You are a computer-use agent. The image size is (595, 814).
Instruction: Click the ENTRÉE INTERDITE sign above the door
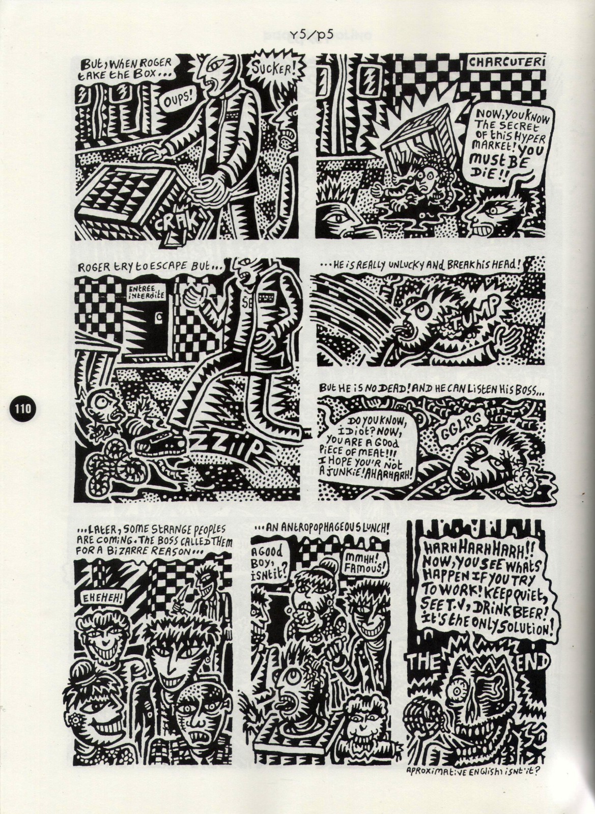pos(147,293)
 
